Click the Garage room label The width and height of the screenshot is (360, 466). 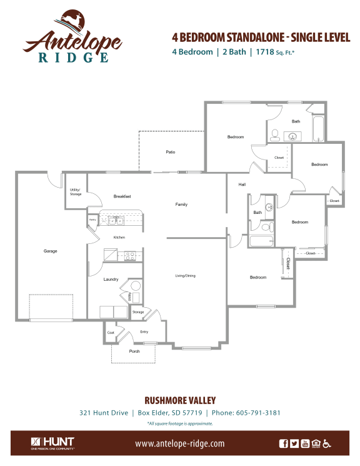click(50, 251)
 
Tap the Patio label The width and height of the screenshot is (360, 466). click(170, 152)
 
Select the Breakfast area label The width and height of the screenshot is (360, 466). click(122, 196)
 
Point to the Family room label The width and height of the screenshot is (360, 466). click(181, 205)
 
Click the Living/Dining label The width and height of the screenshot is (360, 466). click(185, 276)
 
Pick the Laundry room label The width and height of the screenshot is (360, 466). click(111, 280)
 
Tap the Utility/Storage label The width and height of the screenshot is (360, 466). click(76, 192)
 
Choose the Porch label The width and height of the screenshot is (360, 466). click(134, 352)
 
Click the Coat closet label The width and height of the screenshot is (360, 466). click(111, 332)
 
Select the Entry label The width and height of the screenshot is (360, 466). click(144, 332)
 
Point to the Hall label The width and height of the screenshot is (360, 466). click(242, 185)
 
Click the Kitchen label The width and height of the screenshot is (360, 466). click(119, 238)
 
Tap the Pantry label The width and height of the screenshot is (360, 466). click(92, 220)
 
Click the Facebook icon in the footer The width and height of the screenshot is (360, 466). click(284, 443)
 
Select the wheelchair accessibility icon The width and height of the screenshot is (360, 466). click(327, 443)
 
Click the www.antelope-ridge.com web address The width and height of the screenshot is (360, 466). click(179, 443)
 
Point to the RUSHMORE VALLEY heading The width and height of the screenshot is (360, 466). click(180, 400)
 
